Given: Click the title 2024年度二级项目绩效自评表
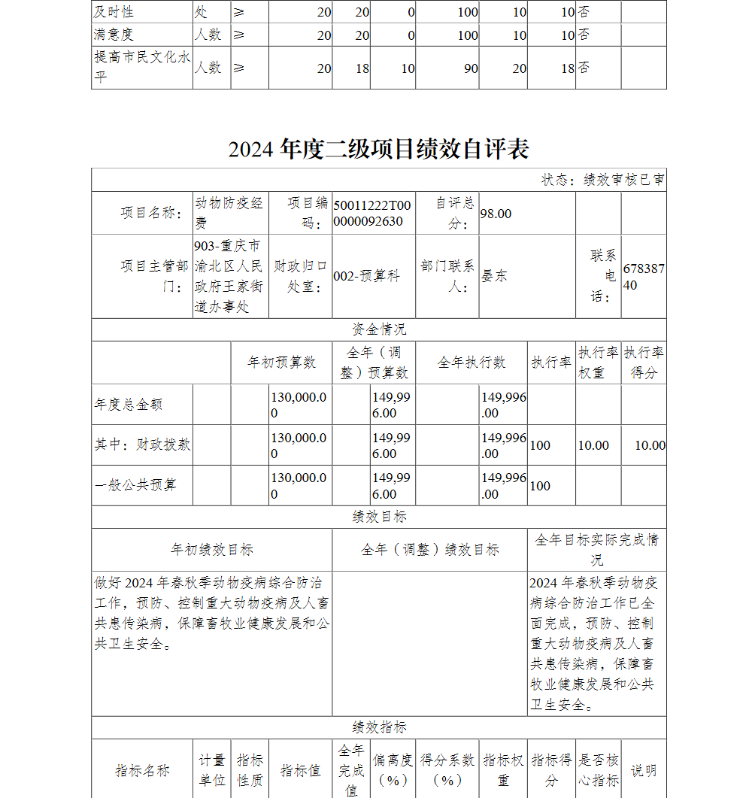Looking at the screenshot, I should [x=379, y=149].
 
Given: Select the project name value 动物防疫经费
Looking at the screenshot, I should [x=229, y=213].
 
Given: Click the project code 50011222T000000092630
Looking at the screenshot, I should [x=372, y=214].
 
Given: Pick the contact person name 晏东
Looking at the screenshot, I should [x=494, y=276].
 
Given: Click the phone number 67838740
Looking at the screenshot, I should [x=643, y=276].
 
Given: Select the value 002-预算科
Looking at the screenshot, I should [x=366, y=276].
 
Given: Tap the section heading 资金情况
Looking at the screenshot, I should [x=379, y=329].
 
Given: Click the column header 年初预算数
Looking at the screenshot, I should [x=282, y=363].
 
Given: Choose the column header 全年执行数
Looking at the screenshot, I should [x=472, y=363].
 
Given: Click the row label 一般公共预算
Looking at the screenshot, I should [x=135, y=485].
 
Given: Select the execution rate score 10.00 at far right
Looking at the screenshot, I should [x=650, y=445].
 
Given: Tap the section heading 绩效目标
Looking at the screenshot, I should [x=379, y=517].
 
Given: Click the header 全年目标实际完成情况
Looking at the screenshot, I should [x=596, y=549].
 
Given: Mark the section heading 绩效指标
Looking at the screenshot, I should [x=379, y=727].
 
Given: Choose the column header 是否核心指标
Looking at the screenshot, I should [x=599, y=770].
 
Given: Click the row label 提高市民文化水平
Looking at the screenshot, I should [x=141, y=67].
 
